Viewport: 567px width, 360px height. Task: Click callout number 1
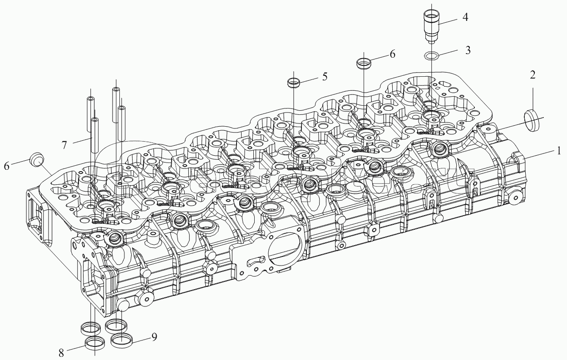559,150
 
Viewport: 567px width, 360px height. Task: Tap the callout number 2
532,75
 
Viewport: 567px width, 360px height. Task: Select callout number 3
468,49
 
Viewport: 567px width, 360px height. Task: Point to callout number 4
465,18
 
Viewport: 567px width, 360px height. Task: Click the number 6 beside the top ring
392,54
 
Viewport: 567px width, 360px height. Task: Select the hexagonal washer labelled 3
430,56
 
